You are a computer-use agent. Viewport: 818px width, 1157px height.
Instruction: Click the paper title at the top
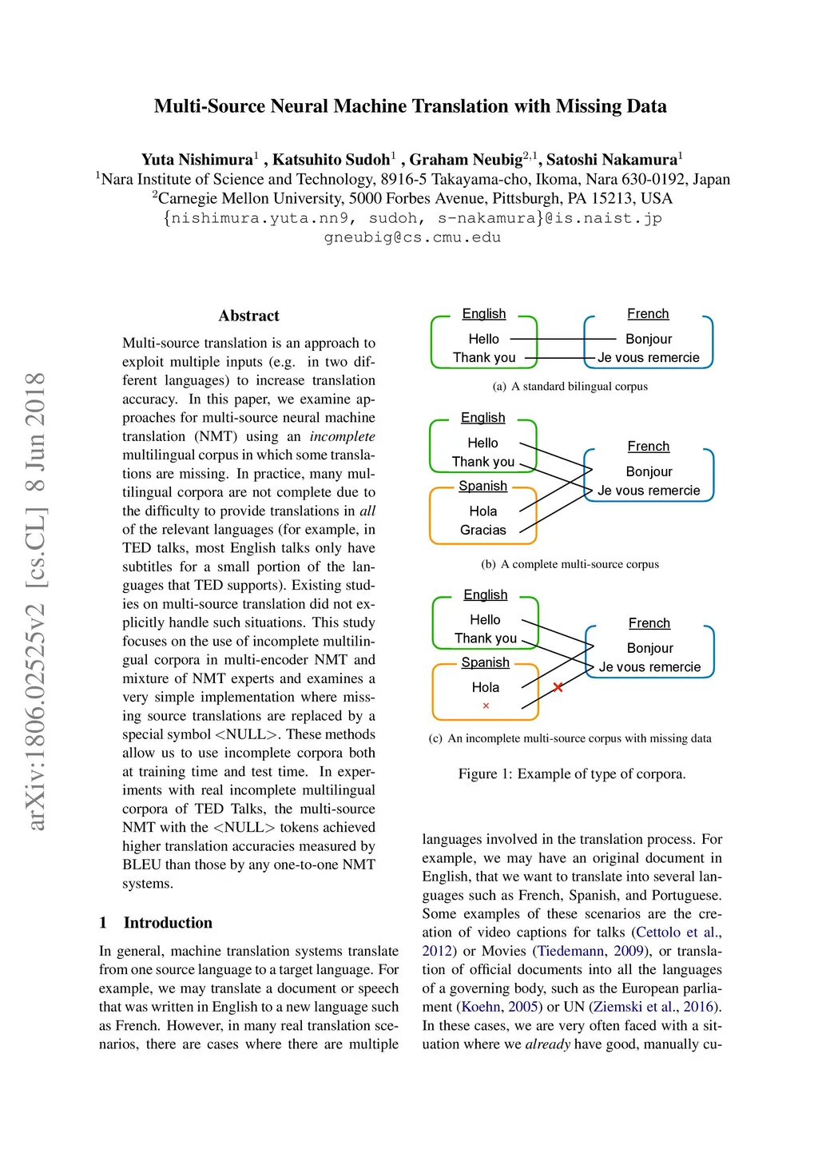point(410,106)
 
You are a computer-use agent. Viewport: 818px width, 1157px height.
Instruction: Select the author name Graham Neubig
point(466,160)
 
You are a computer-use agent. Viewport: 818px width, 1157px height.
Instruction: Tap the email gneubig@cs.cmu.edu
point(412,237)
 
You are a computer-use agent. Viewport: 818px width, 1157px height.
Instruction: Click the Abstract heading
point(248,316)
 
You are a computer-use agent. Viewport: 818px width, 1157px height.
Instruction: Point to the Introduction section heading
point(168,923)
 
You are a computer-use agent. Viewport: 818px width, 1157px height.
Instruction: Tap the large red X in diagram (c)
point(558,687)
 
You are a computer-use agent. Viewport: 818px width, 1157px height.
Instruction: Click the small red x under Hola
point(486,706)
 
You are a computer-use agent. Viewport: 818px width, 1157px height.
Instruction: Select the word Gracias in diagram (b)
point(482,530)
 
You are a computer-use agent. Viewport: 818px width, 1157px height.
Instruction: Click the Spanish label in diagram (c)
point(485,662)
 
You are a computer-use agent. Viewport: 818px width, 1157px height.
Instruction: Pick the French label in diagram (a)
point(648,314)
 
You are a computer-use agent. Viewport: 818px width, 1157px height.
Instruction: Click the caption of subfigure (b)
point(570,564)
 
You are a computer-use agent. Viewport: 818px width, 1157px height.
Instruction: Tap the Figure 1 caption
point(571,773)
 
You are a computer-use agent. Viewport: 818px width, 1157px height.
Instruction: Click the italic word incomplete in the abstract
point(342,436)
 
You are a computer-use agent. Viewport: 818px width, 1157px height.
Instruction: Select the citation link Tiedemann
point(570,951)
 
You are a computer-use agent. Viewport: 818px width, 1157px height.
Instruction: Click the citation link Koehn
point(481,1007)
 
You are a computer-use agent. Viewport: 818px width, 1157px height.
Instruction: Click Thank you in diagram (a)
point(484,358)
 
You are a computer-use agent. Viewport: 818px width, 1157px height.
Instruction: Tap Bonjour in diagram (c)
point(649,648)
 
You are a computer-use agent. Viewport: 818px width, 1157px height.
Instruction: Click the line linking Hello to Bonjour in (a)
point(562,339)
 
